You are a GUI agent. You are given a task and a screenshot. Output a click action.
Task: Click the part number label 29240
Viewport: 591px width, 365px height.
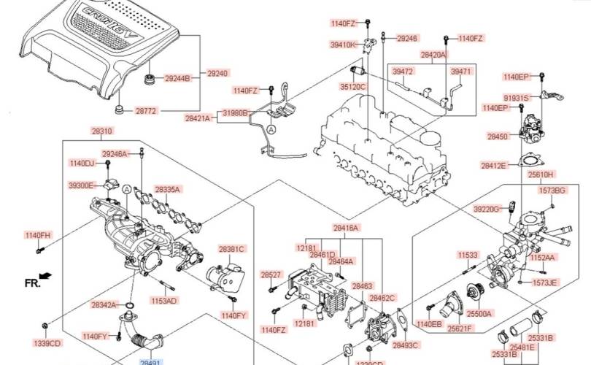(217, 74)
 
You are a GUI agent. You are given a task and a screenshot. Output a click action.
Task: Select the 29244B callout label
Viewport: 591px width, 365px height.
(177, 78)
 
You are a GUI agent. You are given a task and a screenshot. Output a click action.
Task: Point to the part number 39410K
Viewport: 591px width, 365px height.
(344, 45)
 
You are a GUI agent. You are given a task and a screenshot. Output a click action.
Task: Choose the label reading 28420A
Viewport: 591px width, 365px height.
(433, 55)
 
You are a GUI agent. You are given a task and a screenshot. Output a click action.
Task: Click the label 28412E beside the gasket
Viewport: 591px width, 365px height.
(493, 166)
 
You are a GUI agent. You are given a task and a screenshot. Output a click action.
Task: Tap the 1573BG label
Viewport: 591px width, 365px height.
(552, 191)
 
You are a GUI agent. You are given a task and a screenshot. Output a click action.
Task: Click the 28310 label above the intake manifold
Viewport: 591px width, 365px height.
(102, 131)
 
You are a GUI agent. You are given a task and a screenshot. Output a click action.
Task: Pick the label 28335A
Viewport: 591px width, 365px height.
(167, 190)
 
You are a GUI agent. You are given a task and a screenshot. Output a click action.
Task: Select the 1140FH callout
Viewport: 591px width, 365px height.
(39, 235)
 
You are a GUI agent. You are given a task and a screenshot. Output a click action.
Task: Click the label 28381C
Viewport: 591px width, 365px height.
(231, 249)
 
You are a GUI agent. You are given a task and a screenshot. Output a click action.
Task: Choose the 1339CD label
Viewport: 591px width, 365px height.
(47, 342)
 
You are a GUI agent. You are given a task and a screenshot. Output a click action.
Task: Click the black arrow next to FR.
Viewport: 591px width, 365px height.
(47, 276)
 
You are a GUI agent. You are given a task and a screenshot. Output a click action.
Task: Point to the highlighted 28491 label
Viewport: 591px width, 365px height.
(150, 361)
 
